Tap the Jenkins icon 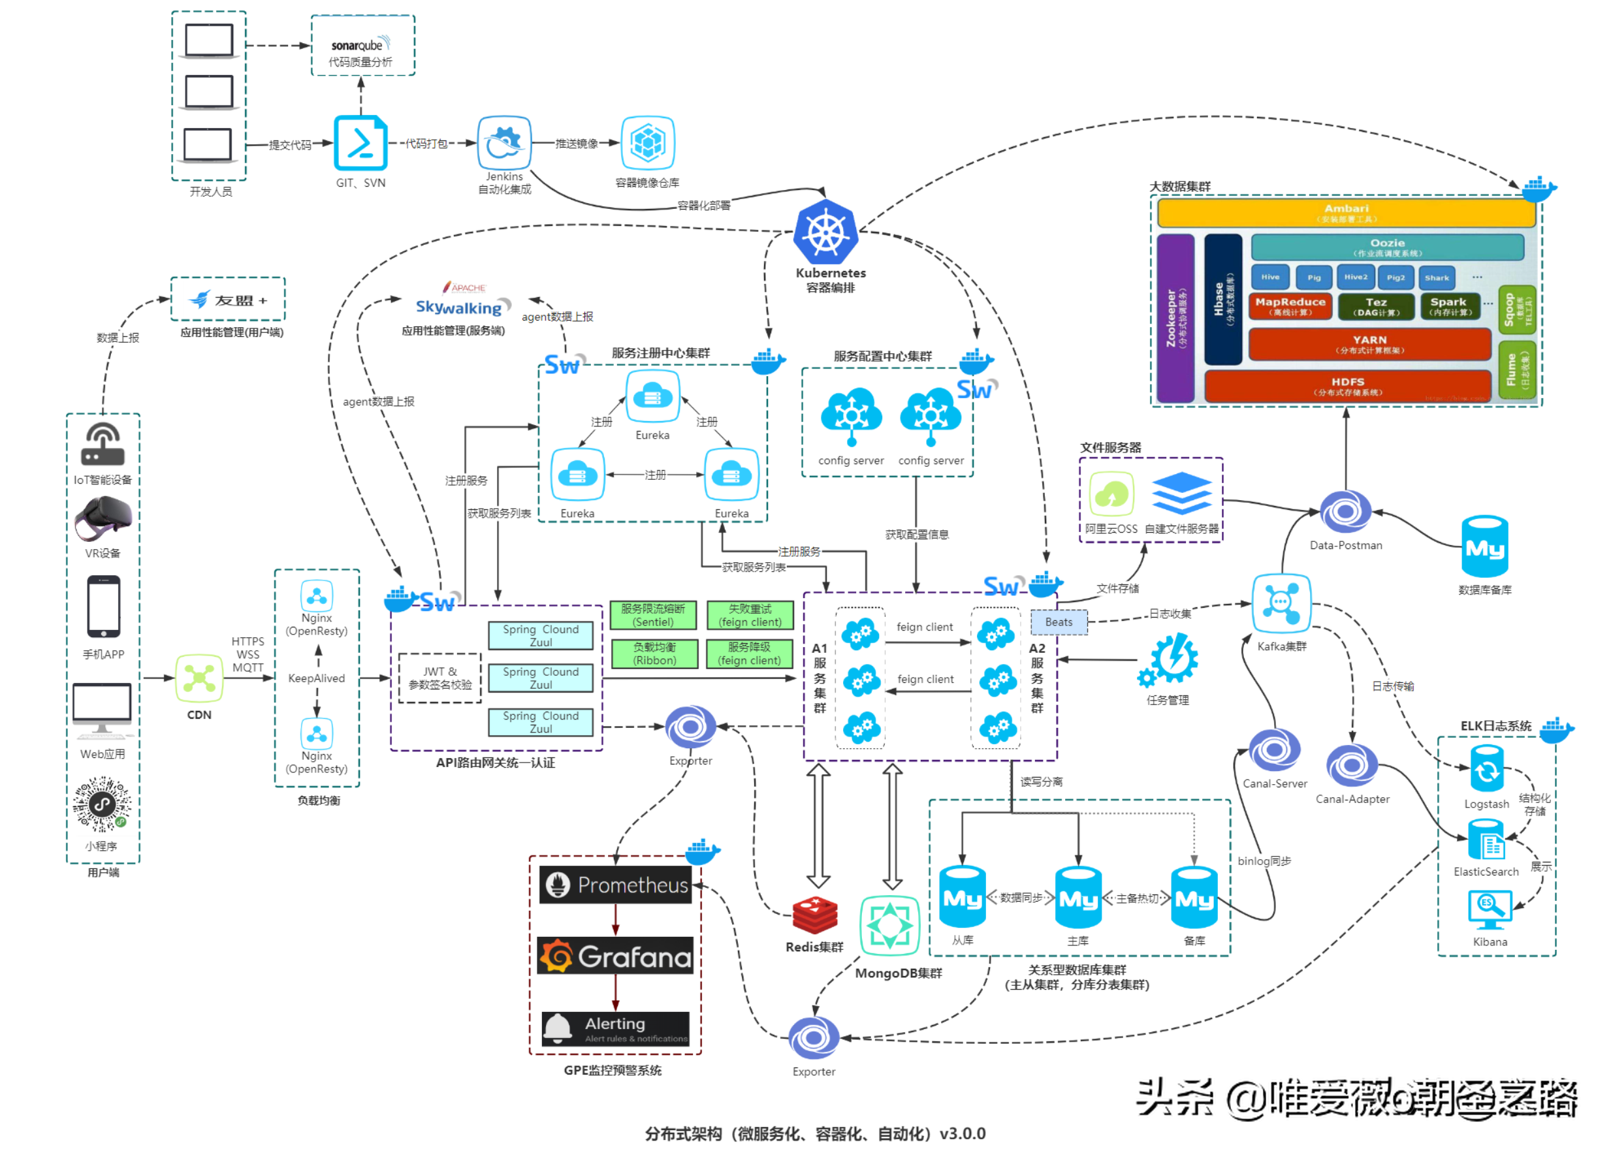point(504,142)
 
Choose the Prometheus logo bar point(614,885)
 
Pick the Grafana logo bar point(614,956)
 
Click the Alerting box point(614,1028)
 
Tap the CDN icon point(199,678)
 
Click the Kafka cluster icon point(1281,603)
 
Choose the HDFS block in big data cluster point(1347,386)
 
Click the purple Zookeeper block point(1175,318)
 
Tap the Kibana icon point(1489,909)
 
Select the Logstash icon point(1486,770)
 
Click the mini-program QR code point(102,804)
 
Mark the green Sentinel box point(653,615)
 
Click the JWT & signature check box point(439,678)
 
